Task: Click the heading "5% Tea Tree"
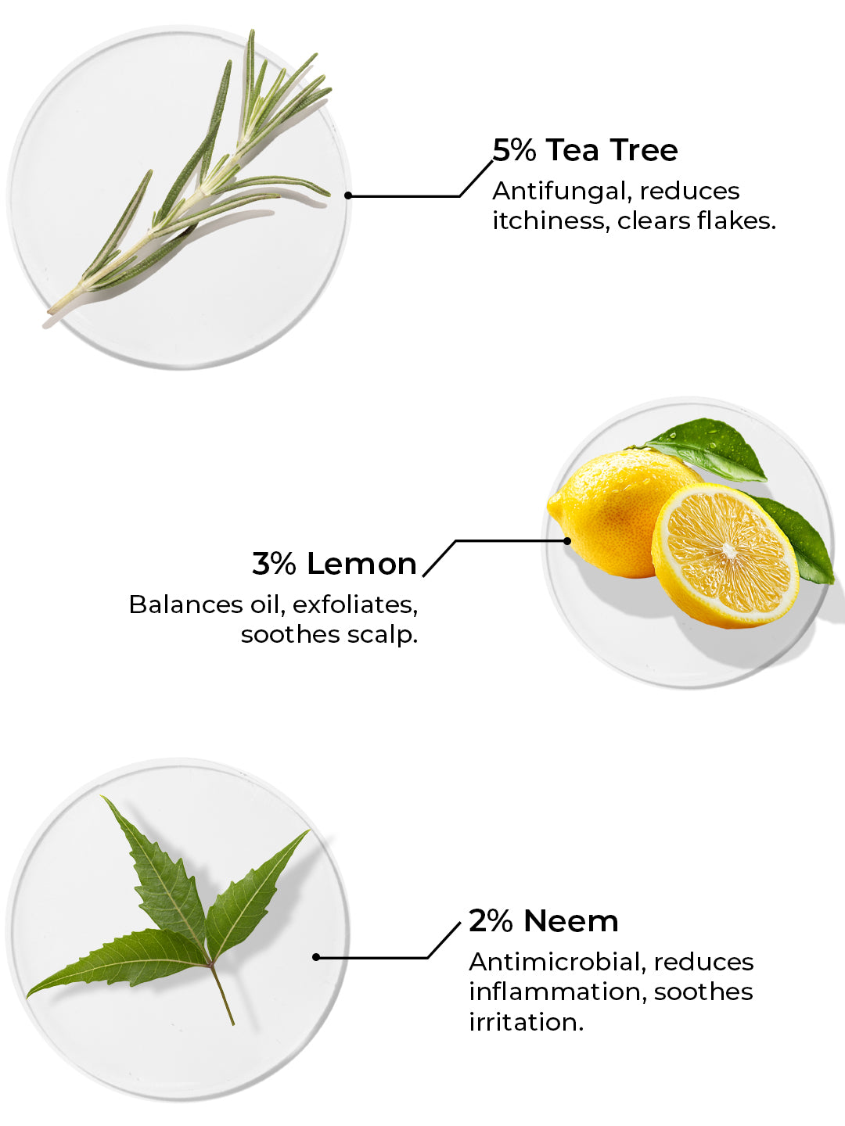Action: (x=585, y=150)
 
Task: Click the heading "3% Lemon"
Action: (x=334, y=564)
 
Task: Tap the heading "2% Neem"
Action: (x=543, y=921)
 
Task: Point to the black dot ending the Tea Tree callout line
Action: (x=348, y=195)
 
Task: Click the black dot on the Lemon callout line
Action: (x=567, y=540)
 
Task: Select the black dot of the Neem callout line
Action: (x=316, y=957)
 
